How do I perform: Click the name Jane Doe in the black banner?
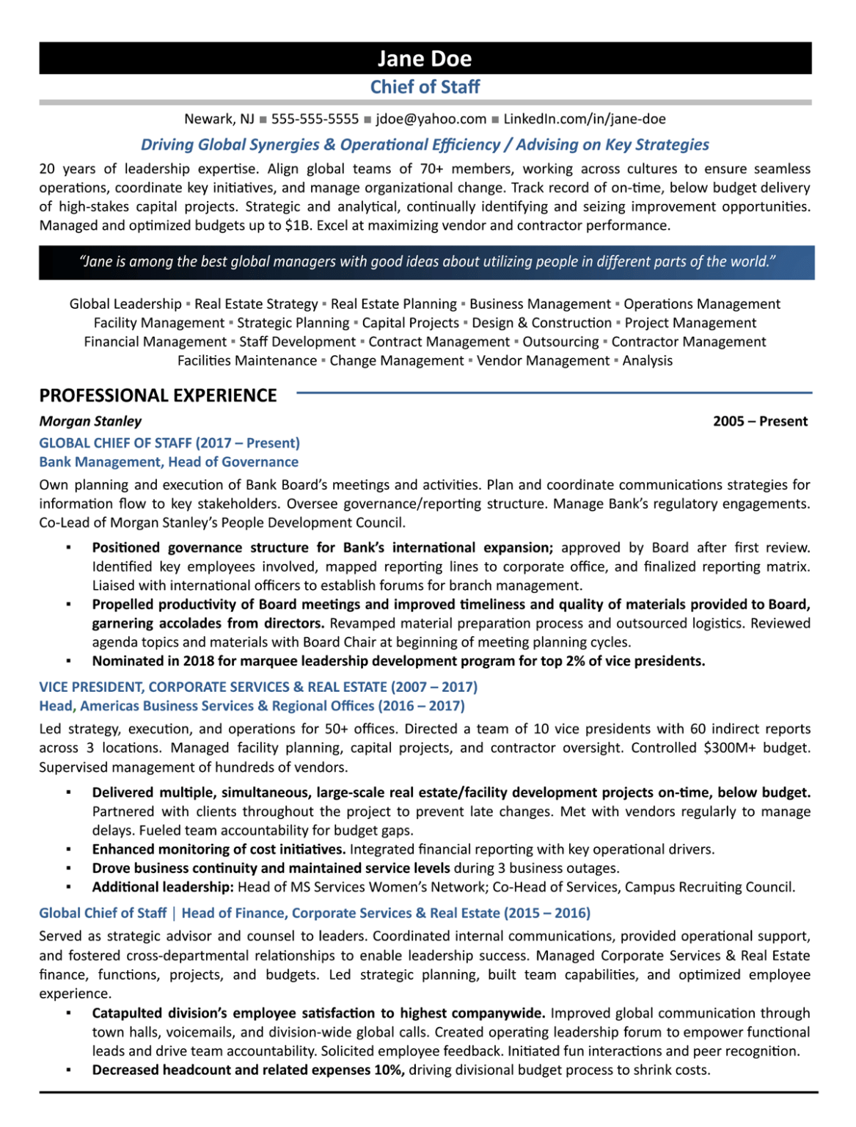click(425, 59)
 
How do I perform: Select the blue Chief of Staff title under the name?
click(425, 87)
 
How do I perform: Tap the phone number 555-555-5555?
click(315, 119)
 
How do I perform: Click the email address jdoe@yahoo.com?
click(431, 119)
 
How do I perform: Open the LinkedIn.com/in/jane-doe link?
click(585, 119)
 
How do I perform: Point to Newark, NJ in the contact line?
click(219, 119)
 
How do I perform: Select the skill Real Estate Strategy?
click(256, 304)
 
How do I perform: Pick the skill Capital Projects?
click(410, 323)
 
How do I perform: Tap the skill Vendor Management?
click(543, 361)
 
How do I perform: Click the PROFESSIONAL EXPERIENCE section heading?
click(158, 395)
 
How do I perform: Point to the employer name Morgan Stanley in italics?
click(90, 421)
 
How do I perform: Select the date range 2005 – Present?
click(760, 421)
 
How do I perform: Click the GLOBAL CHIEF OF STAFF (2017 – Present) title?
click(169, 443)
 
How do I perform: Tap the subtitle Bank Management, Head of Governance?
click(169, 462)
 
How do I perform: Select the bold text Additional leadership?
click(162, 887)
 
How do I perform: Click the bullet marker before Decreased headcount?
click(68, 1071)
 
